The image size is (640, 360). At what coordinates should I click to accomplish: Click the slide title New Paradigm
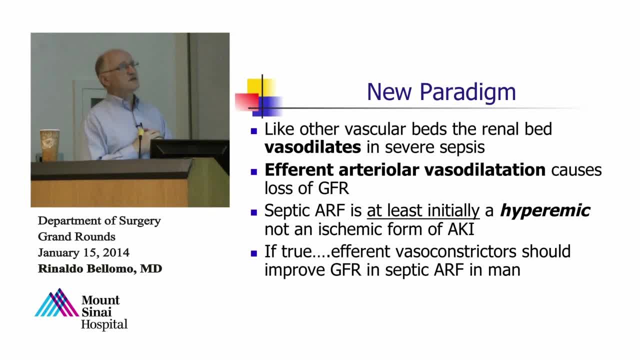(x=441, y=92)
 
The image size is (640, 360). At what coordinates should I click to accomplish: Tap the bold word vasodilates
(x=312, y=147)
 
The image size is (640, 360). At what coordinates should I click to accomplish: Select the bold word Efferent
(x=299, y=169)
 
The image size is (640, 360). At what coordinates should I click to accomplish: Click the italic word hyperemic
(x=545, y=211)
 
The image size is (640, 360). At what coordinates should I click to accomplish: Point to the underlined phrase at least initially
(x=423, y=211)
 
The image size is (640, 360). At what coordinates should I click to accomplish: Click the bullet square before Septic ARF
(x=253, y=212)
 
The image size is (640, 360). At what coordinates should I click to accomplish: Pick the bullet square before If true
(x=253, y=253)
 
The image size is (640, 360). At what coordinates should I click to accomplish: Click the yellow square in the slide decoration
(x=261, y=87)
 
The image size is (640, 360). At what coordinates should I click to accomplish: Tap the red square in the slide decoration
(x=247, y=101)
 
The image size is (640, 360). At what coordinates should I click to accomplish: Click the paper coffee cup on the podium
(x=49, y=145)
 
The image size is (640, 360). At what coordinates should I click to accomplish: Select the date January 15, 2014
(x=83, y=252)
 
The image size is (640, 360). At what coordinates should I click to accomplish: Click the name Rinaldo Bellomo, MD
(x=100, y=268)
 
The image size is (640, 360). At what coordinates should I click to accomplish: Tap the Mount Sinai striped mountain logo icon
(x=57, y=303)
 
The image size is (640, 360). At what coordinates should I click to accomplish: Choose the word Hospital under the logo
(x=104, y=325)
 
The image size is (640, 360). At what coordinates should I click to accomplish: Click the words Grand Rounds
(x=76, y=236)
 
